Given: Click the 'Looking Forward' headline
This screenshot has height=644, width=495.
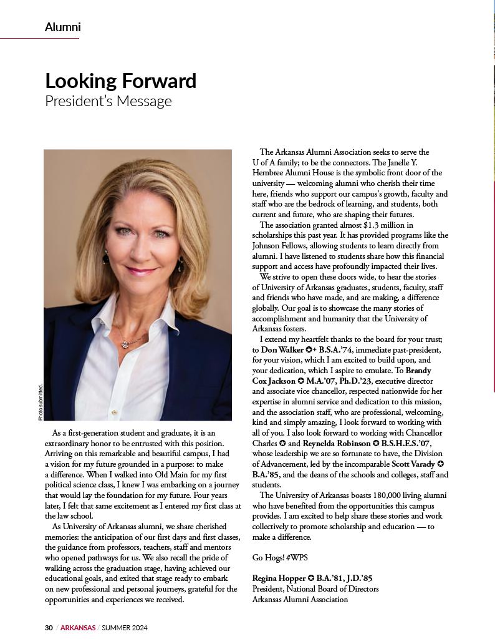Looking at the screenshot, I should point(120,81).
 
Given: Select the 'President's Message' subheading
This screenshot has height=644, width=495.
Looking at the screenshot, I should point(108,101).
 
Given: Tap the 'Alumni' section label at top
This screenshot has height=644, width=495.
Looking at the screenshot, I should point(62,27).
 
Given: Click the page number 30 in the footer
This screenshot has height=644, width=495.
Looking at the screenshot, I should point(49,627).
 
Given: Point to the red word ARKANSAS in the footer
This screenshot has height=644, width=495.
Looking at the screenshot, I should point(78,627).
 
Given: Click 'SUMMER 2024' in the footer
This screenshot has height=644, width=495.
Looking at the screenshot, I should point(125,627).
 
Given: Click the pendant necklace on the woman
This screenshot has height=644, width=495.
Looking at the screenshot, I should point(128,343).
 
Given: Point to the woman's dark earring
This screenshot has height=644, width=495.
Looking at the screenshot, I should point(105,256).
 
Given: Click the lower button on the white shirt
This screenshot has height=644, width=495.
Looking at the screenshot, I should point(113,412).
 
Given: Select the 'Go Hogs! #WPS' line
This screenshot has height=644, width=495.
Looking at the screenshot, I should point(280,557).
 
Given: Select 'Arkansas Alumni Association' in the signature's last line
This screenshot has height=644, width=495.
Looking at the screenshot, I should point(300,599).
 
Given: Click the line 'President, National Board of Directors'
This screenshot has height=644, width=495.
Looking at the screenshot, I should point(315,588).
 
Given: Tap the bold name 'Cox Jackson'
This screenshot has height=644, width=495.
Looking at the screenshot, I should point(274,381).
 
